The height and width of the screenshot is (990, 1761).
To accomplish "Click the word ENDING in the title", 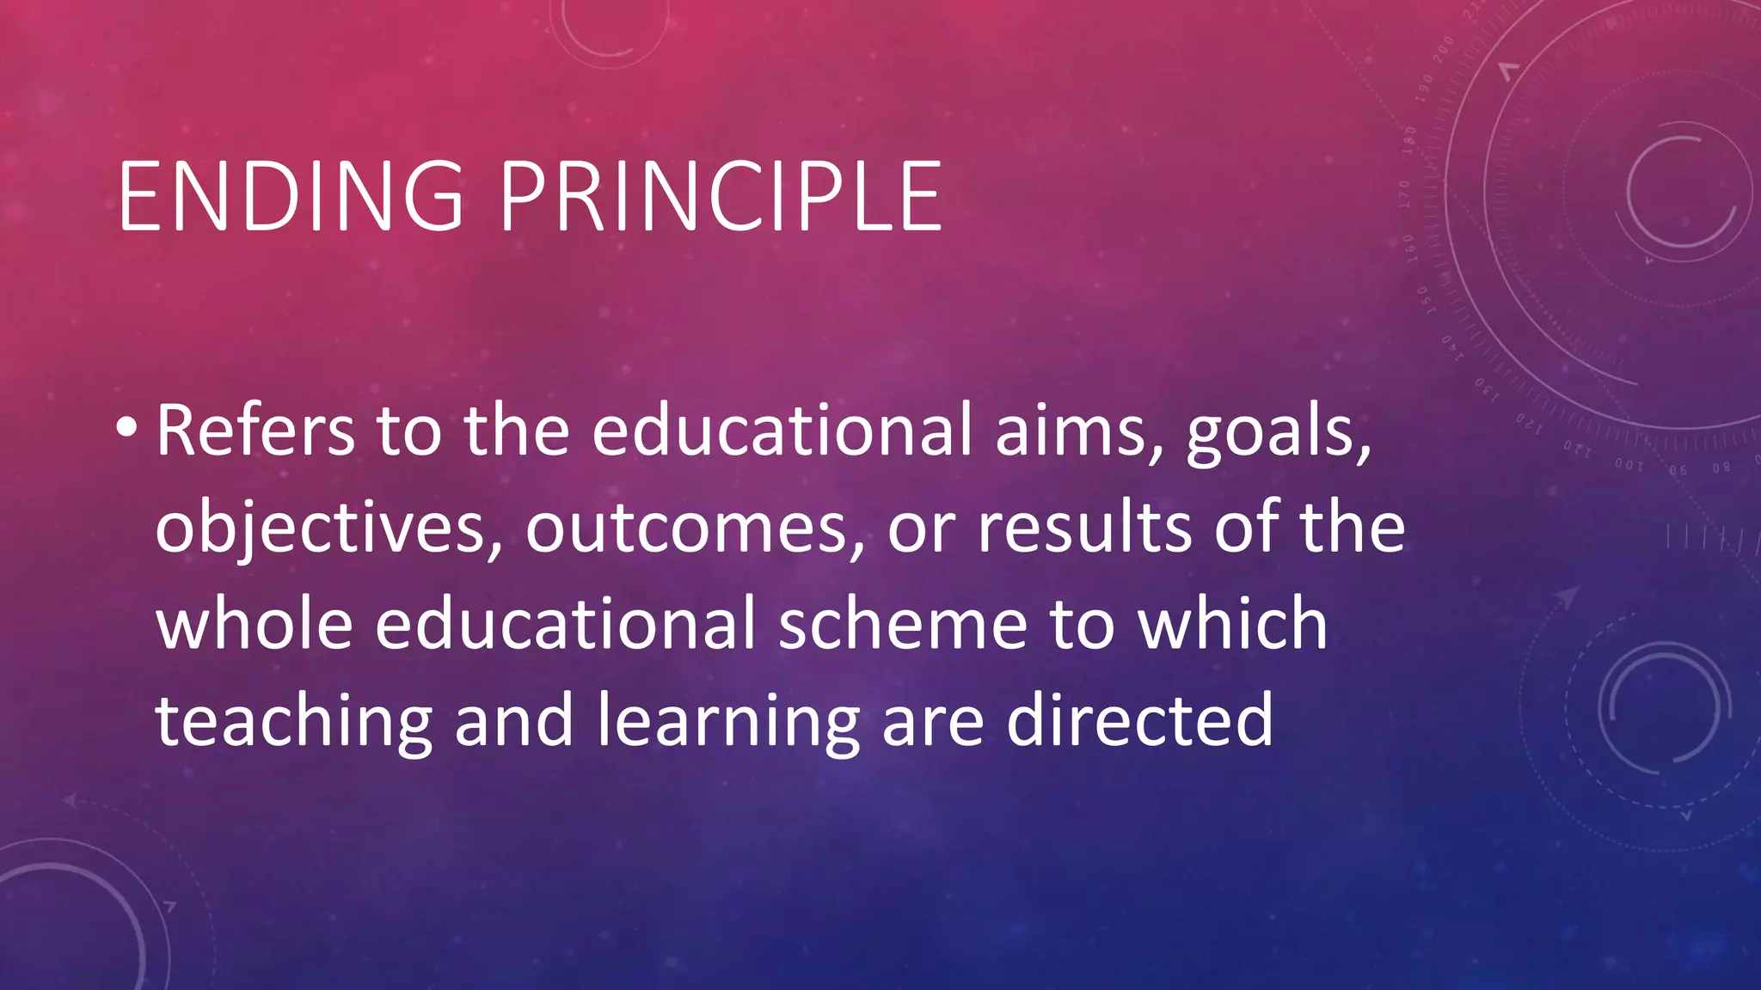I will pos(291,197).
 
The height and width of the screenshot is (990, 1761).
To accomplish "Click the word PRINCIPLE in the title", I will pos(721,197).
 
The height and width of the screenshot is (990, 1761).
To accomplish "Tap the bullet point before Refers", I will pos(126,426).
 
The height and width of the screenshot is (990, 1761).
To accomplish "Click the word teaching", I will pos(293,722).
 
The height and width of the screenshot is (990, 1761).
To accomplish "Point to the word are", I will pos(933,722).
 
